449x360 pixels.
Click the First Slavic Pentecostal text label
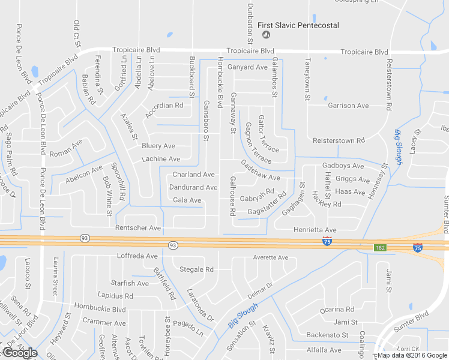click(x=298, y=25)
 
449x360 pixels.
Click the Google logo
click(x=20, y=353)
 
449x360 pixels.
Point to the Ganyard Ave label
click(x=247, y=67)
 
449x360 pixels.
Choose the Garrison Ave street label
click(x=348, y=106)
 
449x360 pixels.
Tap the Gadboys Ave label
click(x=343, y=166)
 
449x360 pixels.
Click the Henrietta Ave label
click(x=315, y=230)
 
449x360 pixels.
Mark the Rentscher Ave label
click(x=139, y=228)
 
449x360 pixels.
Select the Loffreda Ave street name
click(x=137, y=256)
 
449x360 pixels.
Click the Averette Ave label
click(x=271, y=257)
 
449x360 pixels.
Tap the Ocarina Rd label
click(x=337, y=310)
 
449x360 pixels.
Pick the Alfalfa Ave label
click(x=324, y=350)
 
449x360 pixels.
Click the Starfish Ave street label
click(x=130, y=283)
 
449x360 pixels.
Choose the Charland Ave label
click(x=193, y=175)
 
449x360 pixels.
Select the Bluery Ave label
click(x=158, y=146)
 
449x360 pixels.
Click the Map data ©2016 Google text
click(x=412, y=355)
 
